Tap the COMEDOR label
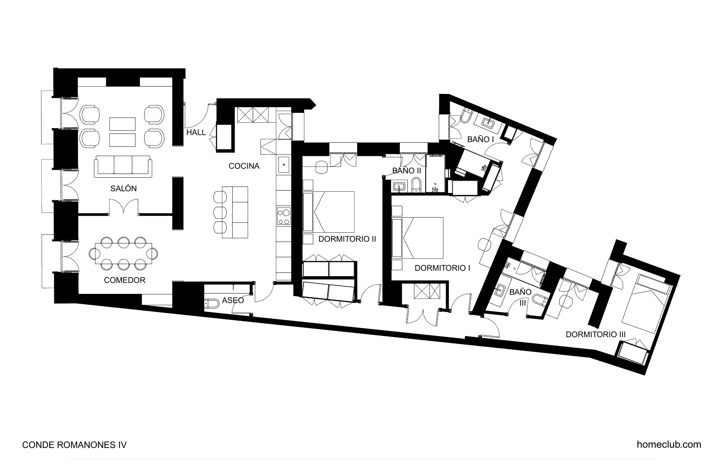[124, 280]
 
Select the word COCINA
[244, 166]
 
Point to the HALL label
[196, 133]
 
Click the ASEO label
[233, 300]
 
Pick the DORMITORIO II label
[347, 239]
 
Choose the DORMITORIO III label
[595, 335]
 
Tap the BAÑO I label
[480, 139]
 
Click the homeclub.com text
[669, 445]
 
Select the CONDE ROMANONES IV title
[74, 445]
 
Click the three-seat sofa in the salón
[123, 166]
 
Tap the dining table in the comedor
[123, 253]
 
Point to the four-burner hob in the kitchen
[283, 216]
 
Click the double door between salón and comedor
[124, 207]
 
